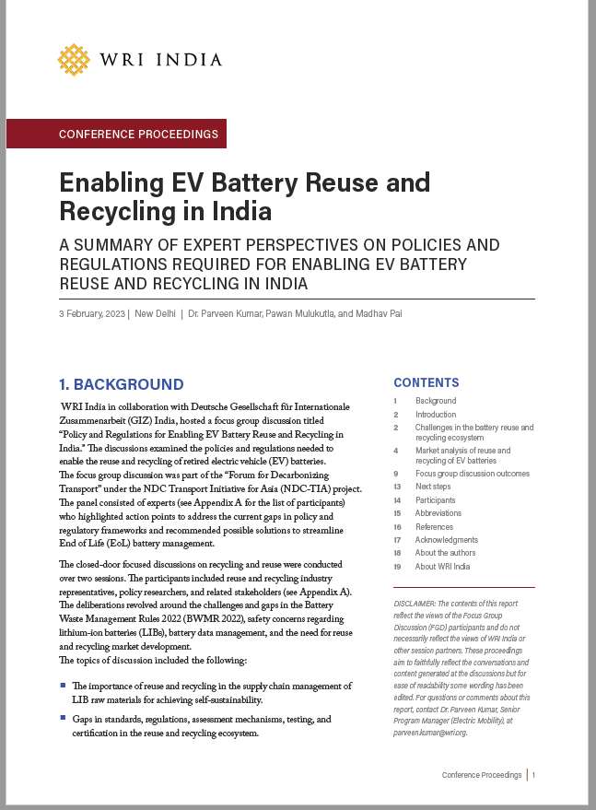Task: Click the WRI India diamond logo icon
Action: [x=74, y=59]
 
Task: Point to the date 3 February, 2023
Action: [x=92, y=314]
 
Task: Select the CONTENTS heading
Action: [x=426, y=382]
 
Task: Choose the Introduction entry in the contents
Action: [x=435, y=415]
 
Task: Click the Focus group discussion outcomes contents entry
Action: [x=472, y=474]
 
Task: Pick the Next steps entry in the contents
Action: [x=433, y=487]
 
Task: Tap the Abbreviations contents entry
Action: [x=438, y=513]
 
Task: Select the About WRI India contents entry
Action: [x=442, y=567]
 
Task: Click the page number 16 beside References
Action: [x=396, y=527]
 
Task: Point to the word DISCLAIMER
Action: [x=417, y=602]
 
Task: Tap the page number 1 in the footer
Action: [x=532, y=776]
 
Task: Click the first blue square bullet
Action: [x=63, y=686]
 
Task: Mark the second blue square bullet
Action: [x=63, y=718]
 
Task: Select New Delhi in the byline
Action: [x=155, y=314]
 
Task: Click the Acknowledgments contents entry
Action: [x=446, y=540]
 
